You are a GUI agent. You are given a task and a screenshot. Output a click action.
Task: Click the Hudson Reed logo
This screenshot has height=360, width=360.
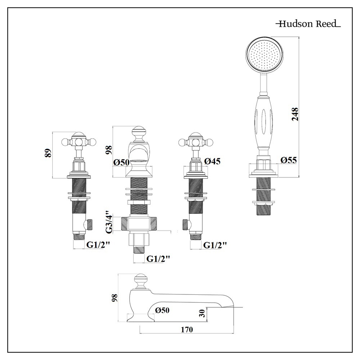coord(308,24)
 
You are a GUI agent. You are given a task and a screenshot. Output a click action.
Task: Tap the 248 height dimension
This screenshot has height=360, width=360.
coord(295,114)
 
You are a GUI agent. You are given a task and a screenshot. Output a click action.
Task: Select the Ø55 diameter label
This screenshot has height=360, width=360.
coord(289,160)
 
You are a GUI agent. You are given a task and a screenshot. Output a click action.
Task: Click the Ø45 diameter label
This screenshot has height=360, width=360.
coord(212,162)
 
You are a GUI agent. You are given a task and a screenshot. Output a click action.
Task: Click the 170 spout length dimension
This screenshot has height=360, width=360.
coord(187,329)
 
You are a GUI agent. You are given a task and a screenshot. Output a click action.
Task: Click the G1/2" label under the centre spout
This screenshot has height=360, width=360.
coord(158,258)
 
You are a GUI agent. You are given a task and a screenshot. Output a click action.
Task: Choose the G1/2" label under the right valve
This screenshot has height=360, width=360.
coord(215,245)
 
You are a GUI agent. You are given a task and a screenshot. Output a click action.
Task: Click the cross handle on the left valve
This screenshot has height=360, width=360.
coord(79,141)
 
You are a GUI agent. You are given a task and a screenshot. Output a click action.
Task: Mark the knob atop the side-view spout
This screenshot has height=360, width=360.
coord(141,280)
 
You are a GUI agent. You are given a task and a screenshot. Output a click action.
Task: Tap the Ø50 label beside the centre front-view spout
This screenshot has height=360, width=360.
coord(121,162)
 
